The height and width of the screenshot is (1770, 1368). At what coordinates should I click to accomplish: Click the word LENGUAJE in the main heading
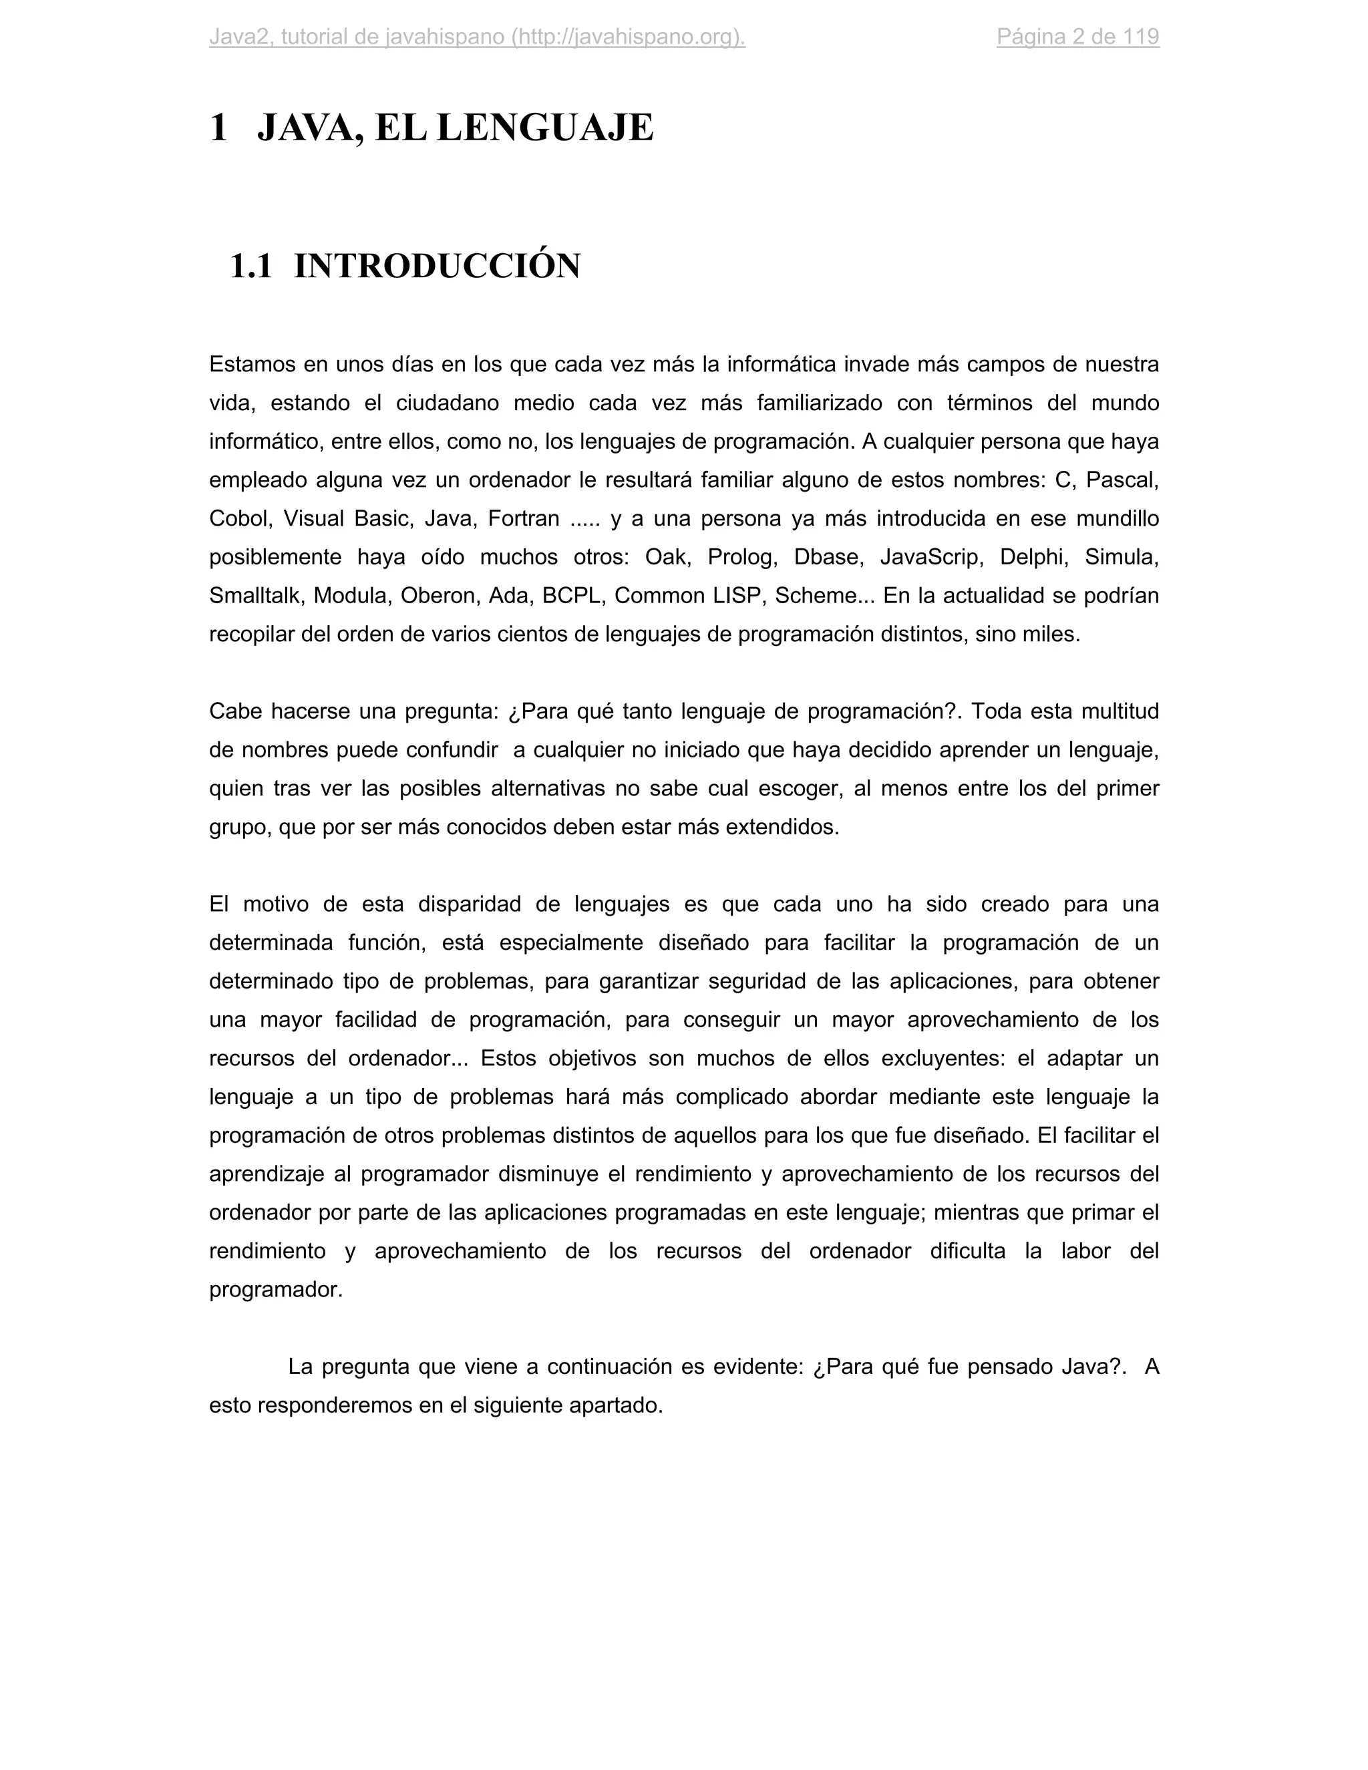pos(544,128)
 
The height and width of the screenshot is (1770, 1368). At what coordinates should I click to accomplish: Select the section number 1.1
pos(250,267)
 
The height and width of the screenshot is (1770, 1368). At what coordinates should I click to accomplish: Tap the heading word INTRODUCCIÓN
pos(437,267)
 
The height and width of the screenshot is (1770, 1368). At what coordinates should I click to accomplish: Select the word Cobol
pos(239,519)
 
